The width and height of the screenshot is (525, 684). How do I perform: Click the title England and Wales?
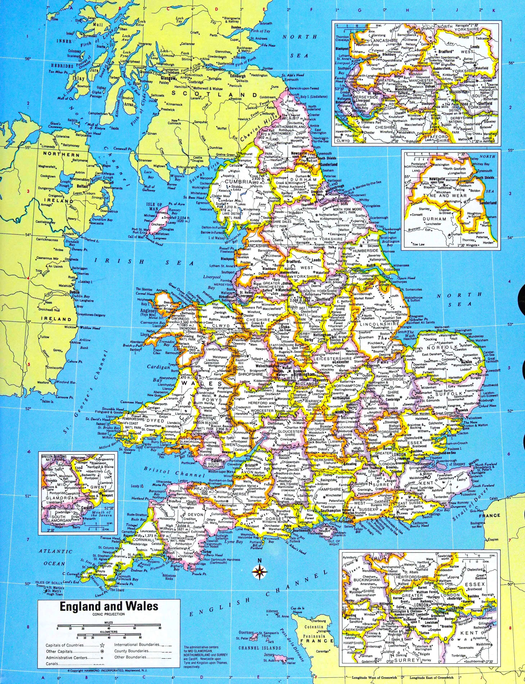pos(109,606)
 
